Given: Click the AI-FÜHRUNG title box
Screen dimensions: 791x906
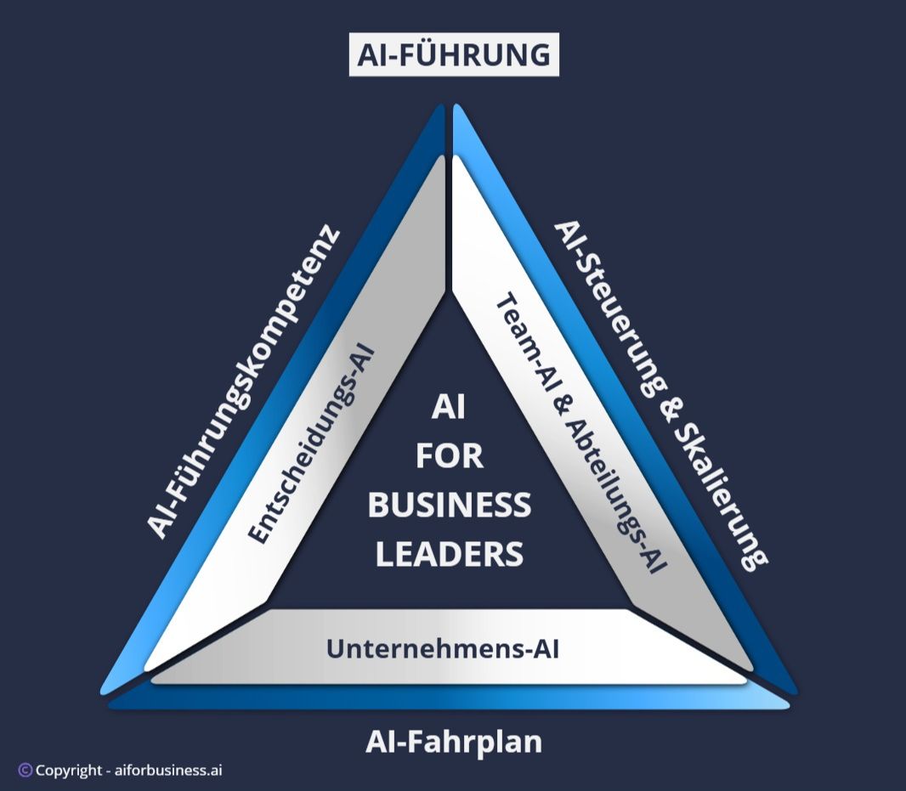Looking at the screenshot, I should coord(454,54).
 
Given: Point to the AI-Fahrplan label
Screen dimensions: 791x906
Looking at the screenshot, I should coord(454,742).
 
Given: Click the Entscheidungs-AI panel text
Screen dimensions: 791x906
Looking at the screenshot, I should coord(312,443).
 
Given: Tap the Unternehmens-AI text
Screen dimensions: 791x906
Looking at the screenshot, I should coord(443,649).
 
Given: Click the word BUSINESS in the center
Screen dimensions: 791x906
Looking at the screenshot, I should coord(449,506).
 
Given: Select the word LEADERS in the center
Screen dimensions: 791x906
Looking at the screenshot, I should coord(449,554).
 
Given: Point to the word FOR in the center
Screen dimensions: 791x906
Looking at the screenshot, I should coord(449,456).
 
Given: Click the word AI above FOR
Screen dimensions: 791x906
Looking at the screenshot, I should coord(449,409).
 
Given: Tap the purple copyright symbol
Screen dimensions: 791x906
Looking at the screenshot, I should coord(25,771).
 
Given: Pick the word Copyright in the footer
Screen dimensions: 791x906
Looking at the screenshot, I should coord(69,771).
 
